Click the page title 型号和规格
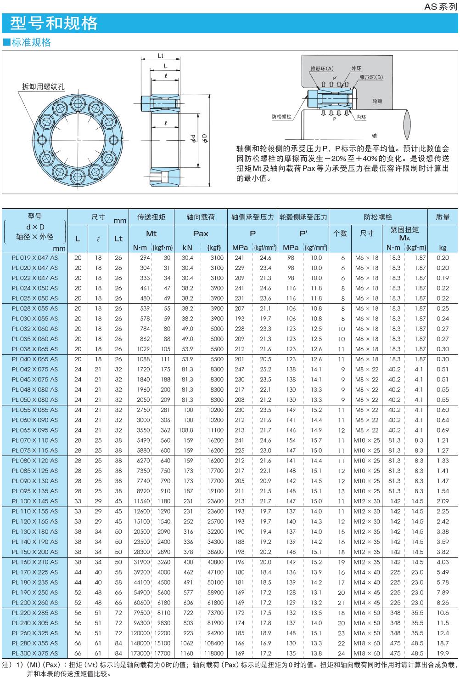pyautogui.click(x=54, y=23)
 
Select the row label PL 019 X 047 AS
pyautogui.click(x=35, y=258)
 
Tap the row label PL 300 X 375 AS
pyautogui.click(x=35, y=653)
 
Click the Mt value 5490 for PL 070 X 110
pyautogui.click(x=143, y=440)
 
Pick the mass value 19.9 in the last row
pyautogui.click(x=443, y=653)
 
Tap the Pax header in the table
pyautogui.click(x=201, y=234)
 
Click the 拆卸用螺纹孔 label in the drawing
pyautogui.click(x=45, y=86)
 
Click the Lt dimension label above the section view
pyautogui.click(x=161, y=56)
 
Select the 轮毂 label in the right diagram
pyautogui.click(x=377, y=101)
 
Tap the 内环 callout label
pyautogui.click(x=361, y=117)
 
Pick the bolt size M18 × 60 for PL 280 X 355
pyautogui.click(x=367, y=643)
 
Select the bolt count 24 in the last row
pyautogui.click(x=341, y=653)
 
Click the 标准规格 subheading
pyautogui.click(x=31, y=43)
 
